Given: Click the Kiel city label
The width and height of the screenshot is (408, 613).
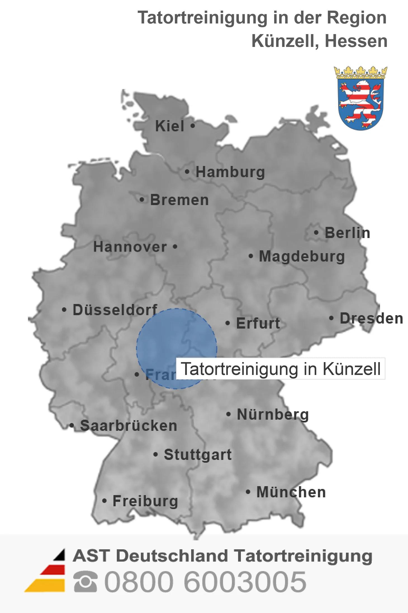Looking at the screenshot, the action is coord(170,126).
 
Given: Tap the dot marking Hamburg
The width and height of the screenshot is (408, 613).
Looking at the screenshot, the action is coord(187,172).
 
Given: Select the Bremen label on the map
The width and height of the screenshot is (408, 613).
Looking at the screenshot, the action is coord(179,200).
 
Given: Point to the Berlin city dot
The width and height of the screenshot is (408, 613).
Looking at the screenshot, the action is coord(316,232).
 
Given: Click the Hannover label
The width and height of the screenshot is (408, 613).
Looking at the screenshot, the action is coord(130,247).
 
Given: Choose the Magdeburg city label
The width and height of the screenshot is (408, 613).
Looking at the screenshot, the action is coord(302,256).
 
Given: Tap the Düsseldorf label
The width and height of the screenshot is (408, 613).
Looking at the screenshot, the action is coord(115,310).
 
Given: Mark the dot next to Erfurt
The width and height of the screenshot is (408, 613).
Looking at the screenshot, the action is coord(228,323).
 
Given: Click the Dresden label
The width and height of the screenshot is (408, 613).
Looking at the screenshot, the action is coord(371,319).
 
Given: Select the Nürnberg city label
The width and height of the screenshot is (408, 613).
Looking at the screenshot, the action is coord(273,414).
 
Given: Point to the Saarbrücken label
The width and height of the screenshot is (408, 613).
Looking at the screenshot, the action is coord(129,426).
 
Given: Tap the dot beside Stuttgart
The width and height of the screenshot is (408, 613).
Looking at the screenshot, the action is coord(156,455).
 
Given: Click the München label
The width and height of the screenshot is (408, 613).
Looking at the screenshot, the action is coord(291,492).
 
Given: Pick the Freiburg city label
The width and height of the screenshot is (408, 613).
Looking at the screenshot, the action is coord(145,501).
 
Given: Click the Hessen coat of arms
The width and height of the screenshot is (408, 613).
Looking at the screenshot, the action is coord(360,98).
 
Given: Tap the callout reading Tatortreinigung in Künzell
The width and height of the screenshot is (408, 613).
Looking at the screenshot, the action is coord(281,369).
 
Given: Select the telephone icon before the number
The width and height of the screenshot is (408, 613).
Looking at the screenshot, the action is coord(86,582).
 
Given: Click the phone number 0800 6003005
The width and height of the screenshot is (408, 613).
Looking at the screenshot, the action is coord(205,582).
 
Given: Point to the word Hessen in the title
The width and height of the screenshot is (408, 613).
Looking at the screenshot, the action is coord(356,41).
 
